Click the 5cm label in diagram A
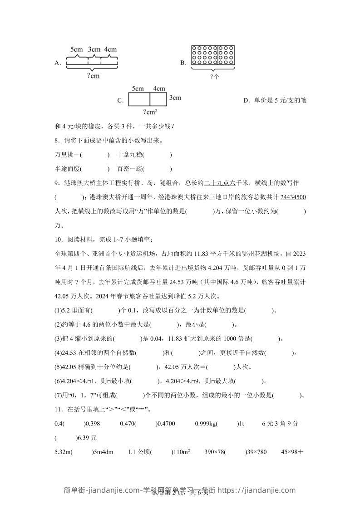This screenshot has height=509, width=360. click(76, 49)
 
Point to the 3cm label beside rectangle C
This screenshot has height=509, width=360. click(175, 98)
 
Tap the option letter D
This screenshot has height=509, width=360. click(246, 100)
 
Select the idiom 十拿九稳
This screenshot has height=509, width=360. click(129, 155)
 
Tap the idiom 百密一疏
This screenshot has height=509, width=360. click(129, 169)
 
